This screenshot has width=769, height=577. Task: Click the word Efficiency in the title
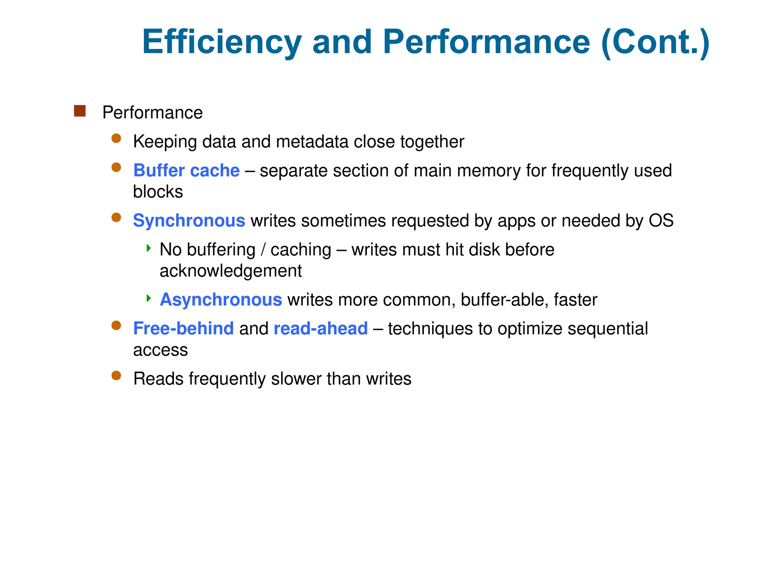pyautogui.click(x=222, y=42)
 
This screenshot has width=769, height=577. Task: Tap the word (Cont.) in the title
pyautogui.click(x=655, y=42)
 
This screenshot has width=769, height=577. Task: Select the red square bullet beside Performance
pyautogui.click(x=80, y=111)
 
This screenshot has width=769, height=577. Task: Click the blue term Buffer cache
pyautogui.click(x=186, y=171)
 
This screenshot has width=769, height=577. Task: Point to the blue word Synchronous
pyautogui.click(x=189, y=221)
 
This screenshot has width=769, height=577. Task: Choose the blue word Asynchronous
pyautogui.click(x=221, y=300)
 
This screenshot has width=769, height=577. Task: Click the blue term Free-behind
pyautogui.click(x=183, y=328)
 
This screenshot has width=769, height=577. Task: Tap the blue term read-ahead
pyautogui.click(x=321, y=328)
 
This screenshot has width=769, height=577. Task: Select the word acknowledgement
pyautogui.click(x=231, y=271)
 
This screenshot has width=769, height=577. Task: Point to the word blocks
pyautogui.click(x=158, y=192)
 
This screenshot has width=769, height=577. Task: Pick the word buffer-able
pyautogui.click(x=504, y=300)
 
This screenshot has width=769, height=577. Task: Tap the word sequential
pyautogui.click(x=608, y=328)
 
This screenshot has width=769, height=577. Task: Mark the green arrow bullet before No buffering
pyautogui.click(x=149, y=248)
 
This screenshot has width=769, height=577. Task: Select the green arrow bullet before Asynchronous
pyautogui.click(x=149, y=298)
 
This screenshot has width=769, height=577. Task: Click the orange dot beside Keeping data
pyautogui.click(x=116, y=139)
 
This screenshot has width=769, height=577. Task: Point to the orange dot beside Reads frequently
pyautogui.click(x=116, y=376)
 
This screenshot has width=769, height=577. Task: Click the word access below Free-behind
pyautogui.click(x=160, y=350)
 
